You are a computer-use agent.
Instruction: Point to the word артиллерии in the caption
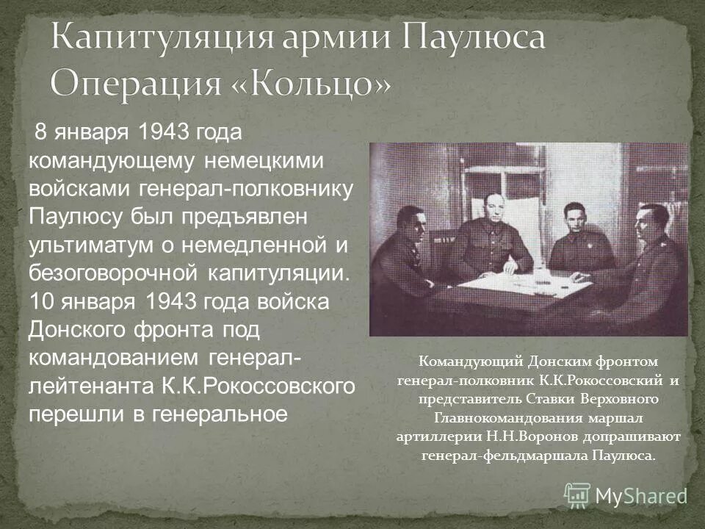click(438, 436)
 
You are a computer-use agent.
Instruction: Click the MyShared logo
click(626, 494)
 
